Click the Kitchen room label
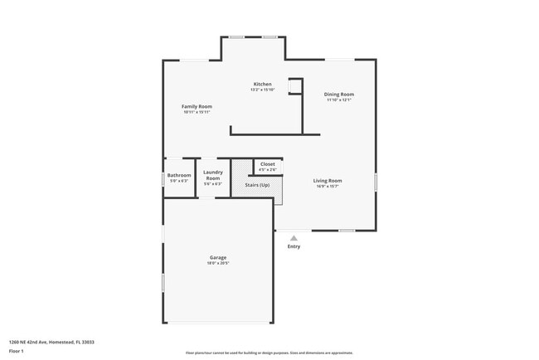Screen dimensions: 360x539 (262, 84)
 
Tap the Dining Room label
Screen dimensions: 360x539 (338, 94)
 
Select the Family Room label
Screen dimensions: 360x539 (197, 106)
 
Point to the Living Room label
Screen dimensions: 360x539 (327, 180)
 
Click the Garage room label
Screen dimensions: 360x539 (217, 257)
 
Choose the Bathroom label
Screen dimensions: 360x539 (179, 175)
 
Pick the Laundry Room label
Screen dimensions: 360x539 (213, 175)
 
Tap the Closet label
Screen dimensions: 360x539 (267, 164)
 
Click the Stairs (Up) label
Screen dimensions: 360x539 (257, 185)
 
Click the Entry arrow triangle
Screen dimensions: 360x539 (294, 238)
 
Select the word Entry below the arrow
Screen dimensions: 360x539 (294, 246)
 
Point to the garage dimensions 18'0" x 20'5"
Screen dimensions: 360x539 (217, 263)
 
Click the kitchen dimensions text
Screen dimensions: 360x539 (262, 90)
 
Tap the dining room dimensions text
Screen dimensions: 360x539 (338, 100)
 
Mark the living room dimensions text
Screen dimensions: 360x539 (327, 186)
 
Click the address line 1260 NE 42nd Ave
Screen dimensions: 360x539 (51, 342)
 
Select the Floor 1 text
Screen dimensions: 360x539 (17, 351)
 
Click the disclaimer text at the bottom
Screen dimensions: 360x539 (269, 353)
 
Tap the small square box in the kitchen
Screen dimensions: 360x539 (294, 87)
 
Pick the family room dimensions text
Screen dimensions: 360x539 (197, 112)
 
